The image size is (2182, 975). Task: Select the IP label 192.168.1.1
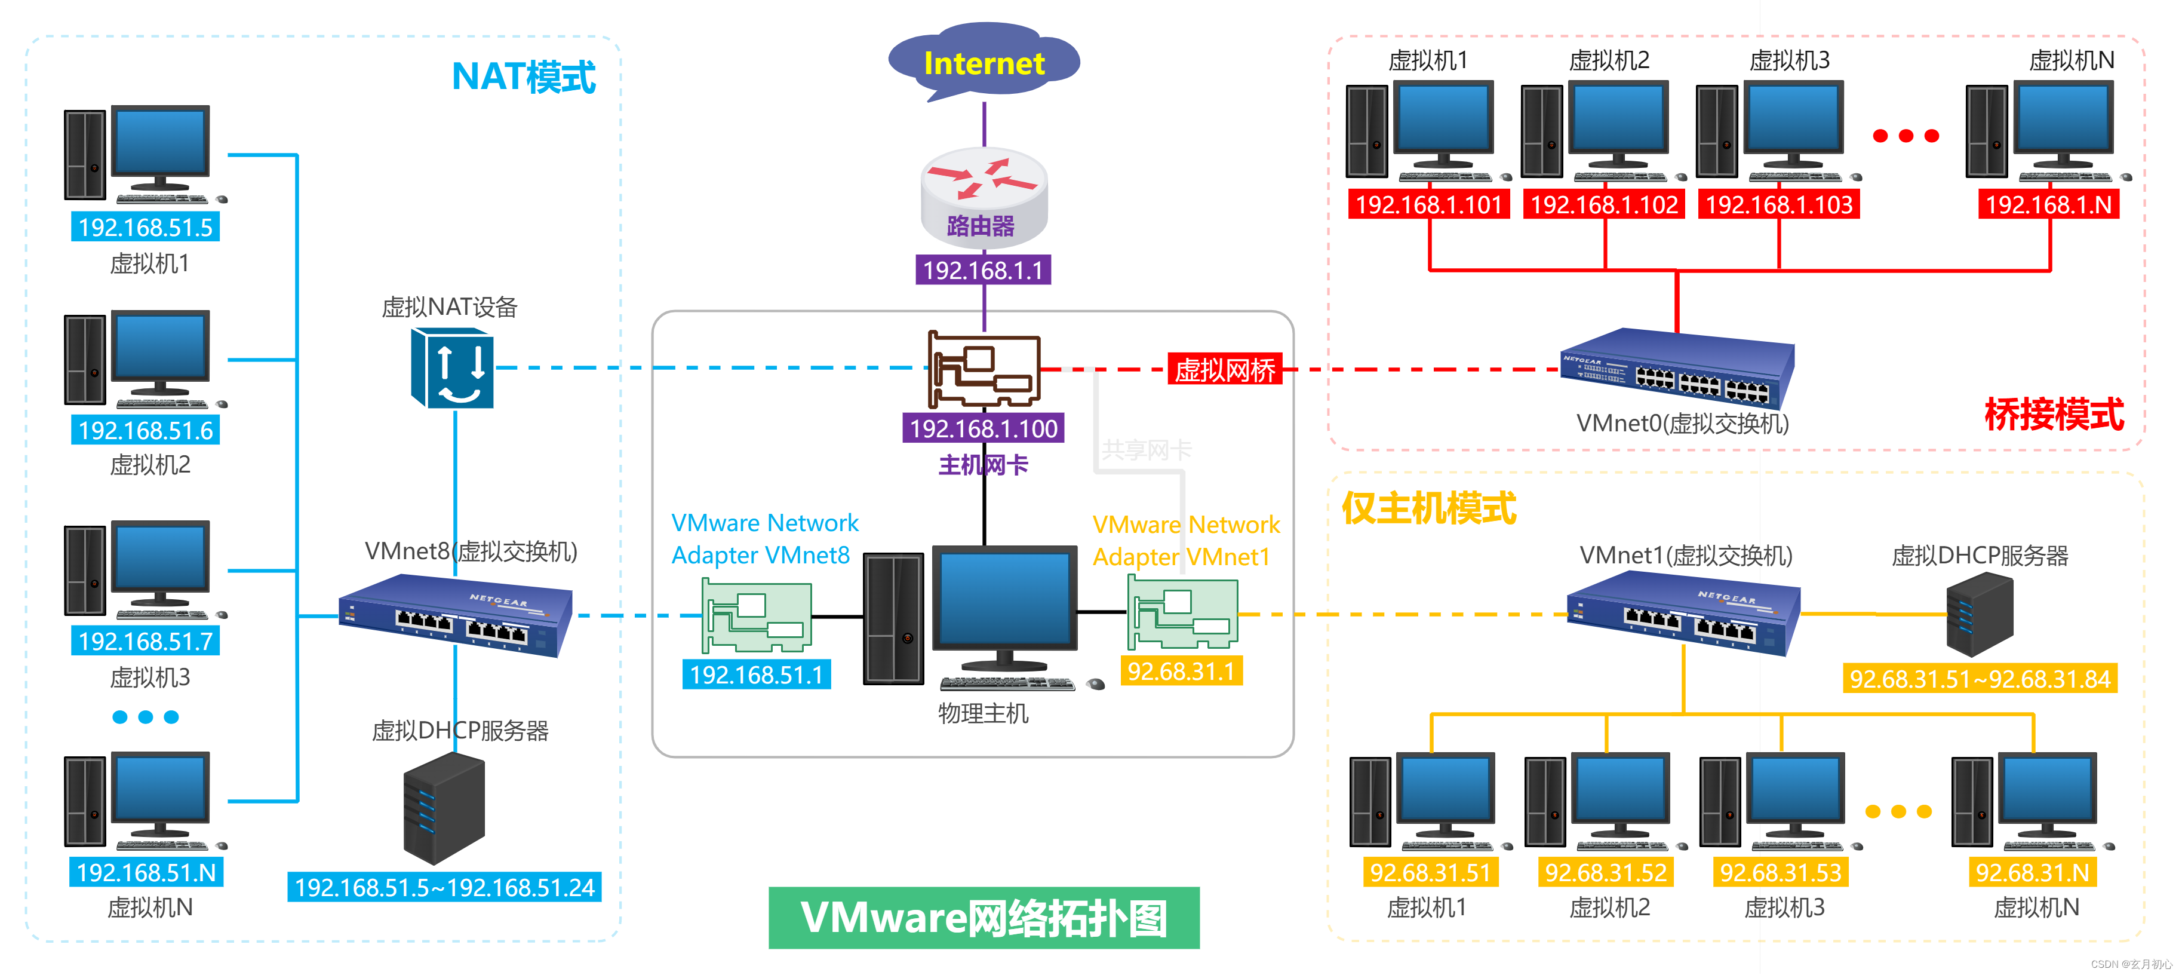coord(982,270)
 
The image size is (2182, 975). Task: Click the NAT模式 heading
coord(524,77)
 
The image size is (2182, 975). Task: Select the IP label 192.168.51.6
coord(146,430)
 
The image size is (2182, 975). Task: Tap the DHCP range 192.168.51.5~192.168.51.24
coord(445,887)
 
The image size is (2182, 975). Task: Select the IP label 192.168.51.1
coord(757,675)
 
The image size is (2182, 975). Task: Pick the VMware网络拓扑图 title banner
coord(984,918)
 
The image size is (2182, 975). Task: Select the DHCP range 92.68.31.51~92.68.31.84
coord(1980,679)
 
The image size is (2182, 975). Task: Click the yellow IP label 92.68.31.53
coord(1781,872)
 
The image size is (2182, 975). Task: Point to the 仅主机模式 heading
coord(1428,508)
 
